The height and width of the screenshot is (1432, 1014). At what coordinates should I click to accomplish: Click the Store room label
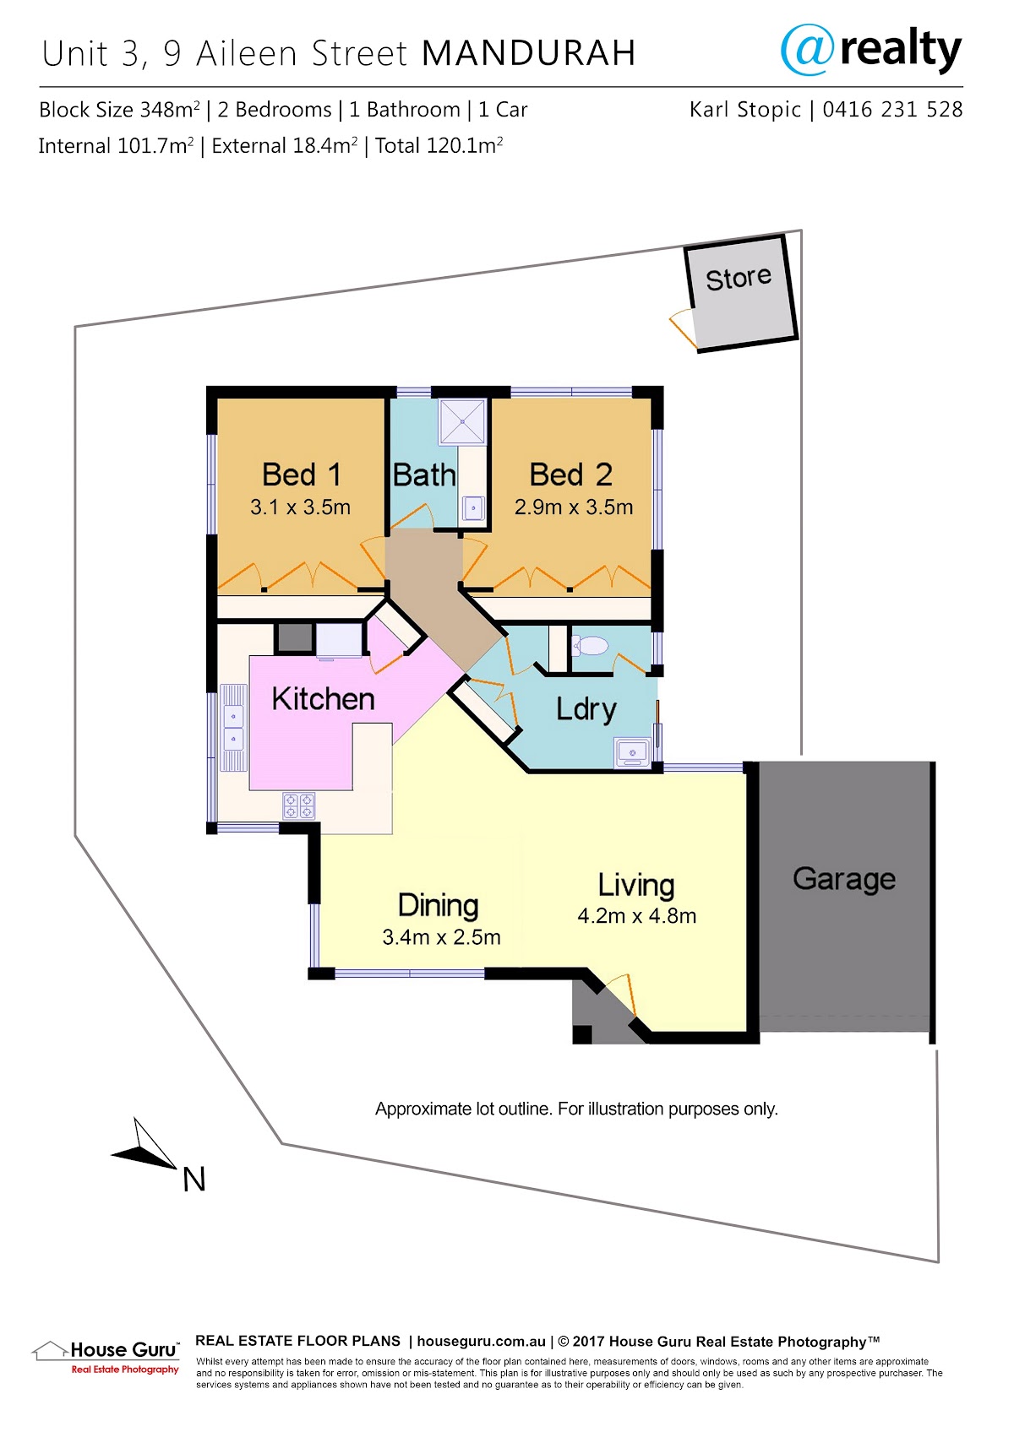click(x=739, y=278)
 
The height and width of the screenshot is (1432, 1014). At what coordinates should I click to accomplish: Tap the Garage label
click(x=844, y=879)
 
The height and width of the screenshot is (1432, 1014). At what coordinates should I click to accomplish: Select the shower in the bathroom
click(x=462, y=422)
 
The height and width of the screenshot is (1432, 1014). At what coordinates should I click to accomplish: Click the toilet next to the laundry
click(x=589, y=645)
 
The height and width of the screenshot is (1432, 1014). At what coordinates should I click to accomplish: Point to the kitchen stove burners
click(x=299, y=805)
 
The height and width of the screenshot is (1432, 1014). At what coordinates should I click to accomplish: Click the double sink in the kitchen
click(x=233, y=728)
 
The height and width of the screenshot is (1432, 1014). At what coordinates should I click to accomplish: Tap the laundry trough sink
click(x=632, y=751)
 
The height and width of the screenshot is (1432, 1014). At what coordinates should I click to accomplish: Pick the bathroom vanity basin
click(x=473, y=508)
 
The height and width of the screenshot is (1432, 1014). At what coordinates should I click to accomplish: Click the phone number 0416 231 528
click(x=892, y=109)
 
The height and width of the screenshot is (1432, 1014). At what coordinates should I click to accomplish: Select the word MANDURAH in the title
click(x=528, y=53)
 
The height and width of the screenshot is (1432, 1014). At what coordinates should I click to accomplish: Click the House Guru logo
click(x=106, y=1357)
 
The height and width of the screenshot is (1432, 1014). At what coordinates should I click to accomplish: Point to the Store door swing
click(x=683, y=328)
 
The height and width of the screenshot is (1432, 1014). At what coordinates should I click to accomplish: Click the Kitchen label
click(x=323, y=699)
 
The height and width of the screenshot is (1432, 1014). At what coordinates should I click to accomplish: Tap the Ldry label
click(x=586, y=709)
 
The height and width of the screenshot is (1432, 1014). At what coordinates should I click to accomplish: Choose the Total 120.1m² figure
click(x=439, y=146)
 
